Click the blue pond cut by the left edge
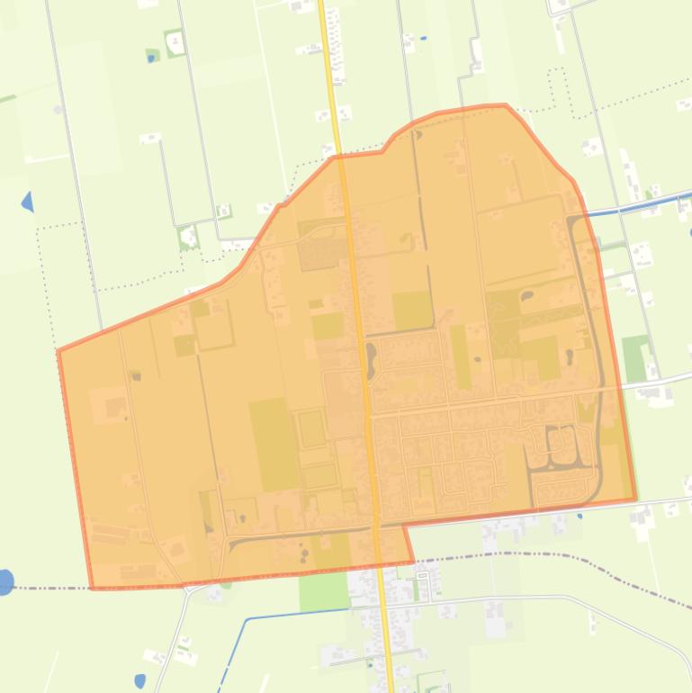tap(4, 582)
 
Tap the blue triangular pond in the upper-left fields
tap(28, 202)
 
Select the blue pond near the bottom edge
tap(139, 680)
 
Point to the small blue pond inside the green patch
tap(150, 58)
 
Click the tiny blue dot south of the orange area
tap(580, 516)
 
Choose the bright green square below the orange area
tap(323, 591)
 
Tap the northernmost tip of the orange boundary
tap(504, 105)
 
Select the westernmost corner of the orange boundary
tap(58, 350)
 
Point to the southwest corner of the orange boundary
tap(93, 589)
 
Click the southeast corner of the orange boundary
tap(635, 499)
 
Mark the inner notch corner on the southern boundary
tap(404, 526)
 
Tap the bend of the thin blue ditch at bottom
tap(247, 619)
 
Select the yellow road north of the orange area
tap(329, 72)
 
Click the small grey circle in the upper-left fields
tap(58, 110)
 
